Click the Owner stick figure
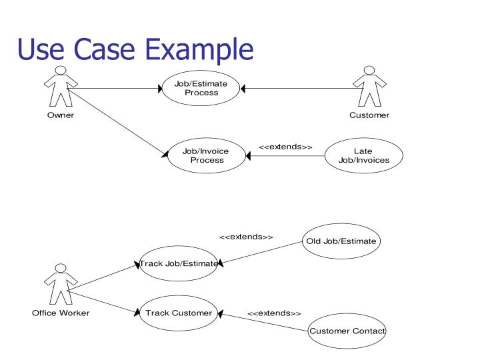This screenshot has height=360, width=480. (60, 87)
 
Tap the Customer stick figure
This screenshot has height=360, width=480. (369, 87)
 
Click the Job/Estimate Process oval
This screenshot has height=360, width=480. (201, 89)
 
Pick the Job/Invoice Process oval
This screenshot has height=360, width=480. (205, 155)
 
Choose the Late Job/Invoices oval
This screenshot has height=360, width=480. (363, 155)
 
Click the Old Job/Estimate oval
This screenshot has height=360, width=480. (341, 241)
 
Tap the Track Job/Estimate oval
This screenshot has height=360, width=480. (178, 263)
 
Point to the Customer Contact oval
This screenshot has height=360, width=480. (347, 331)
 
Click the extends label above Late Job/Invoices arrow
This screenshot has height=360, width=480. (285, 147)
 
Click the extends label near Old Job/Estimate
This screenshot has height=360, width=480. (246, 237)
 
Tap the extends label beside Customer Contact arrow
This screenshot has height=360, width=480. (274, 313)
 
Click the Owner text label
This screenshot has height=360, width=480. (60, 115)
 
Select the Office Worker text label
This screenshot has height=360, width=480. (61, 313)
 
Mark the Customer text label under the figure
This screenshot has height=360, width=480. (369, 115)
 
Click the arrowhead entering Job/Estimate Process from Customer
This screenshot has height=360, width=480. (244, 89)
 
